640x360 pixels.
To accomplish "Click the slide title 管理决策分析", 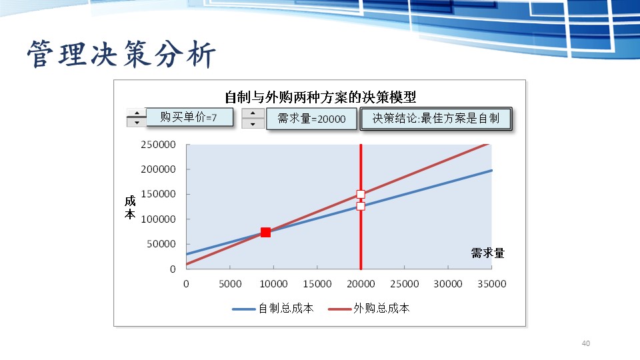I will click(122, 55).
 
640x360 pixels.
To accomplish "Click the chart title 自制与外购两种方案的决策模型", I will click(320, 97).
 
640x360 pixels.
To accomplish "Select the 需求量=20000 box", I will click(311, 119).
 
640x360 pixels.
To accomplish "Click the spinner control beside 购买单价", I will click(137, 118).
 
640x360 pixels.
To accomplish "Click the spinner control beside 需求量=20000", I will click(253, 119).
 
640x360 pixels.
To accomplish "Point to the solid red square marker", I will click(265, 232).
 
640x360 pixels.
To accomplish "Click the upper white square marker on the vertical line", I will click(361, 195).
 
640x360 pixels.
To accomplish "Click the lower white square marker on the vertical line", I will click(361, 206).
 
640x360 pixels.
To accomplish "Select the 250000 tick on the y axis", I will click(158, 145).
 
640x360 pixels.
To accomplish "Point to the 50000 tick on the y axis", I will click(162, 244).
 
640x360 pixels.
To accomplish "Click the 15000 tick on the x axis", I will click(317, 284).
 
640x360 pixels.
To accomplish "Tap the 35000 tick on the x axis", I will click(491, 284).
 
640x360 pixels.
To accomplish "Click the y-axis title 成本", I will click(129, 207).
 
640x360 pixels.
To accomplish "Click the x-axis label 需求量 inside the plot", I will click(487, 253).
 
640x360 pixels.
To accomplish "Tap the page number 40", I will click(586, 343).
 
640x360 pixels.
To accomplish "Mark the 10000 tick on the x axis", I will click(273, 284).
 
